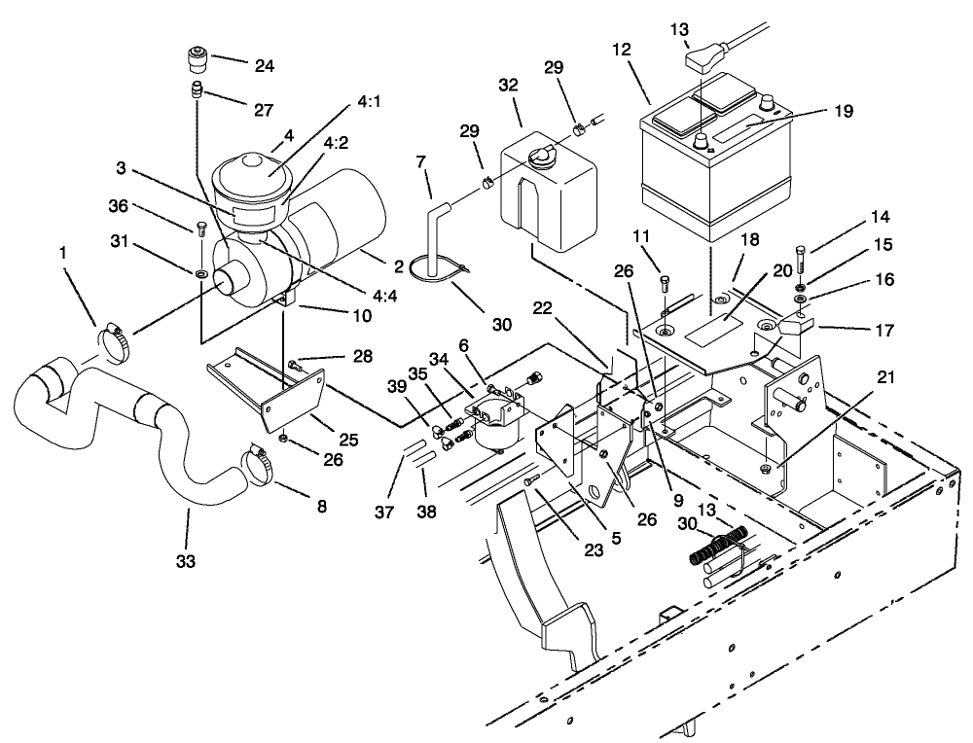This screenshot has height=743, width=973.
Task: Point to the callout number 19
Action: click(x=843, y=110)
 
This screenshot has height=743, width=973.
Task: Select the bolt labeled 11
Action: click(x=665, y=283)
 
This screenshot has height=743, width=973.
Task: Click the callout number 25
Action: click(x=348, y=441)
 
